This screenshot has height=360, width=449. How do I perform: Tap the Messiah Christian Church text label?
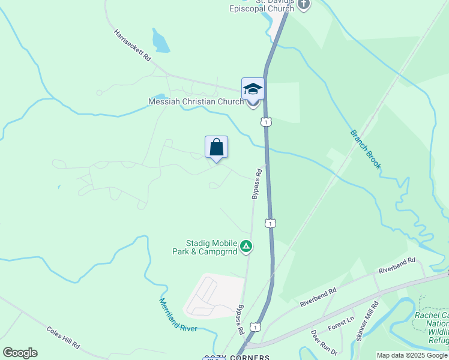[196, 102]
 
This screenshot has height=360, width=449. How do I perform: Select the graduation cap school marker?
[253, 89]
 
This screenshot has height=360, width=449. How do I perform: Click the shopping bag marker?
[216, 147]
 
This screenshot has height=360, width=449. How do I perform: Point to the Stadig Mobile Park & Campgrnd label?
[203, 247]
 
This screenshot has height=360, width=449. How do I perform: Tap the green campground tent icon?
[246, 246]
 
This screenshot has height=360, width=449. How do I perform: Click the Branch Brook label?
[366, 149]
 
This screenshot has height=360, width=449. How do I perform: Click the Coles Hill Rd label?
[63, 337]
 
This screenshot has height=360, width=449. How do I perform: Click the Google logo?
[20, 353]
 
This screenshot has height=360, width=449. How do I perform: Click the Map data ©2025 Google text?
[412, 355]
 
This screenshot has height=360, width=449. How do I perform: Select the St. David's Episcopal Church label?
[262, 6]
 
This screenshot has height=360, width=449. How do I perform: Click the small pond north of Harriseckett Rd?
[160, 41]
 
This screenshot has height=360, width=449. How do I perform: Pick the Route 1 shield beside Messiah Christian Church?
[266, 122]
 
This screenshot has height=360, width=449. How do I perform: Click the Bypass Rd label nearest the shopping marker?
[257, 183]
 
